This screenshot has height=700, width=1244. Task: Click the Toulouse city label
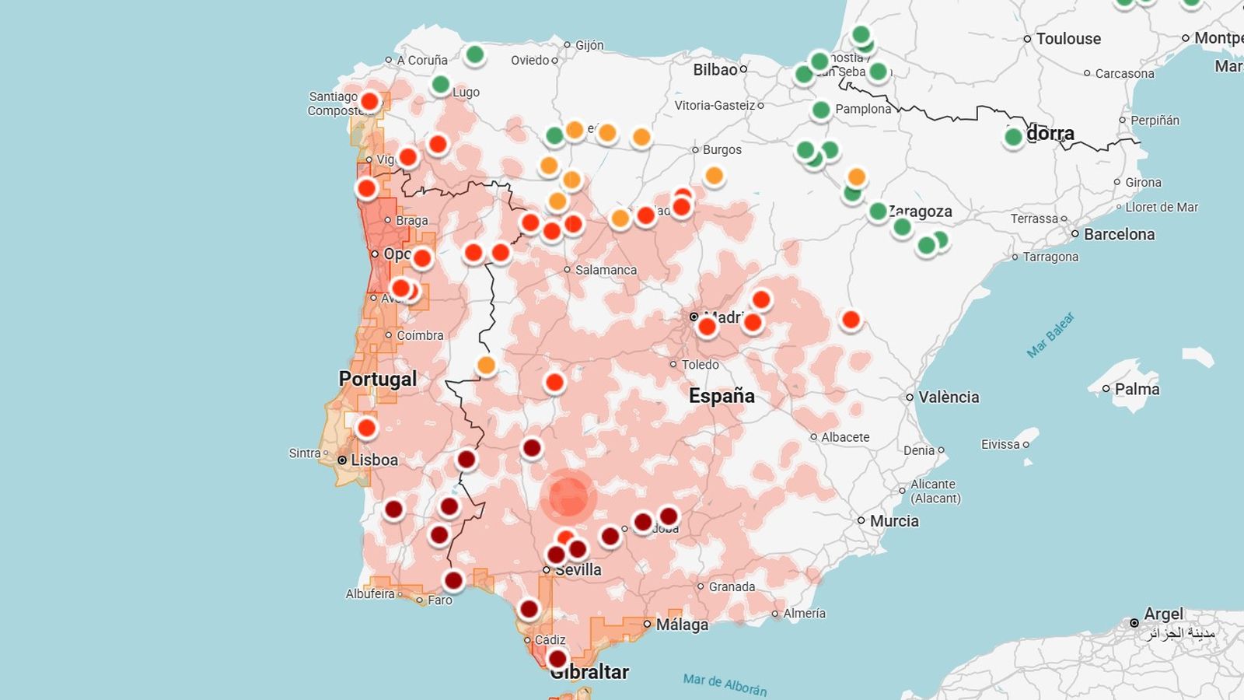tap(1068, 39)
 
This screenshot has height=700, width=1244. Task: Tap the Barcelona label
tap(1118, 234)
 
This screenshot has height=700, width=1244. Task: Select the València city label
tap(948, 397)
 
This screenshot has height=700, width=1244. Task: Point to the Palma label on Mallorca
tap(1136, 389)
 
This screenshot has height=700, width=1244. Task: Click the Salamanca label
tap(605, 270)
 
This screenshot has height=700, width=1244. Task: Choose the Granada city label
tap(731, 586)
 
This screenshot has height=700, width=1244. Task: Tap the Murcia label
tap(893, 521)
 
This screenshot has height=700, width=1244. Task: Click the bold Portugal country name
tap(378, 379)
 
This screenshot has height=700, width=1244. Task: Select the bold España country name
tap(722, 396)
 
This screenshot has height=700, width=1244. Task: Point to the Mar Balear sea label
tap(1050, 335)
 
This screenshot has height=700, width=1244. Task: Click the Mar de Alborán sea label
tap(725, 684)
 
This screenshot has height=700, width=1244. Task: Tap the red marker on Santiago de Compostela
tap(370, 101)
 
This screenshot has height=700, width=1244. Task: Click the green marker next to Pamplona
tap(821, 110)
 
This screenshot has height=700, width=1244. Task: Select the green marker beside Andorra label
tap(1013, 138)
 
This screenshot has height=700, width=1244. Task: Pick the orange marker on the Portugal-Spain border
tap(486, 365)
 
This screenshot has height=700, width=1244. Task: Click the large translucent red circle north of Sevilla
tap(568, 496)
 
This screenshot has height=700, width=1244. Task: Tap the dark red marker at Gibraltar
tap(557, 660)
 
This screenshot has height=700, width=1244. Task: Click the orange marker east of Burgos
tap(714, 176)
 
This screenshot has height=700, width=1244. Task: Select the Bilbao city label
tap(715, 70)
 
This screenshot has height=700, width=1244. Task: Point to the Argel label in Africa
tap(1162, 614)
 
